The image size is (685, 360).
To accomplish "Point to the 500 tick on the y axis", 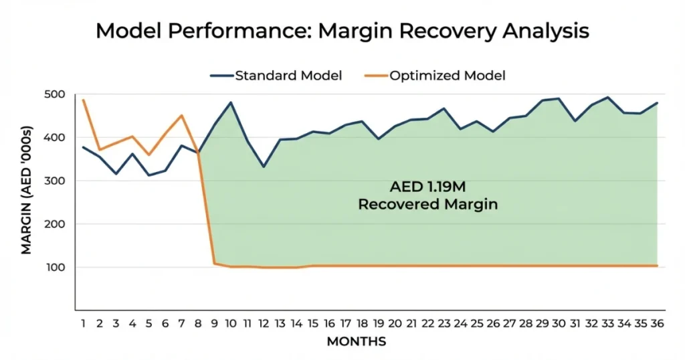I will [x=56, y=94].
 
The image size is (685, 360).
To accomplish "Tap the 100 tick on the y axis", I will [x=56, y=267].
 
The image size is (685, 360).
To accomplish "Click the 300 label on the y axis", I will [x=56, y=181].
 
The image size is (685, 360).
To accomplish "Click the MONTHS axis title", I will [x=356, y=342].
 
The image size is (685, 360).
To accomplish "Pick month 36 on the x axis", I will [x=657, y=323].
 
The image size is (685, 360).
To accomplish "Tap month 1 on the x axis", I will [x=83, y=323].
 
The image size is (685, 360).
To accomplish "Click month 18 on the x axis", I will [x=362, y=323].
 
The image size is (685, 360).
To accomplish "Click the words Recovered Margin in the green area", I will [x=427, y=205].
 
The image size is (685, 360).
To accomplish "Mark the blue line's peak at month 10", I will [x=231, y=102].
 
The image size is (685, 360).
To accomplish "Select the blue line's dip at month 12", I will [x=264, y=167].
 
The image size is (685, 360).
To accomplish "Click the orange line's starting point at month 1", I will [x=84, y=100].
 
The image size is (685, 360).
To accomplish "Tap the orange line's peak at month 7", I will [x=181, y=116].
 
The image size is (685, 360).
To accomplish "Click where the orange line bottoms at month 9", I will [x=215, y=264].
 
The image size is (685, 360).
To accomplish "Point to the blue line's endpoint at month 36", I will [x=657, y=103].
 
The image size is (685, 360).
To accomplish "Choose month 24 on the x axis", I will [x=460, y=323].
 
